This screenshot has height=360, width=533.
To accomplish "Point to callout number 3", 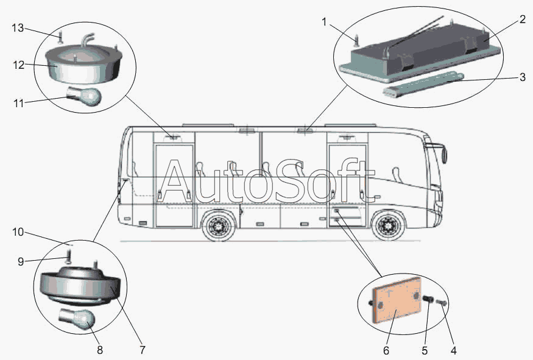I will (522, 77).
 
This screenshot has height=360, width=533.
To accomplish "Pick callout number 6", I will (386, 350).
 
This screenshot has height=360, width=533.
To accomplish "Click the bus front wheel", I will (388, 226).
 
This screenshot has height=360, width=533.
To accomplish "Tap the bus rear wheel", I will (217, 226).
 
